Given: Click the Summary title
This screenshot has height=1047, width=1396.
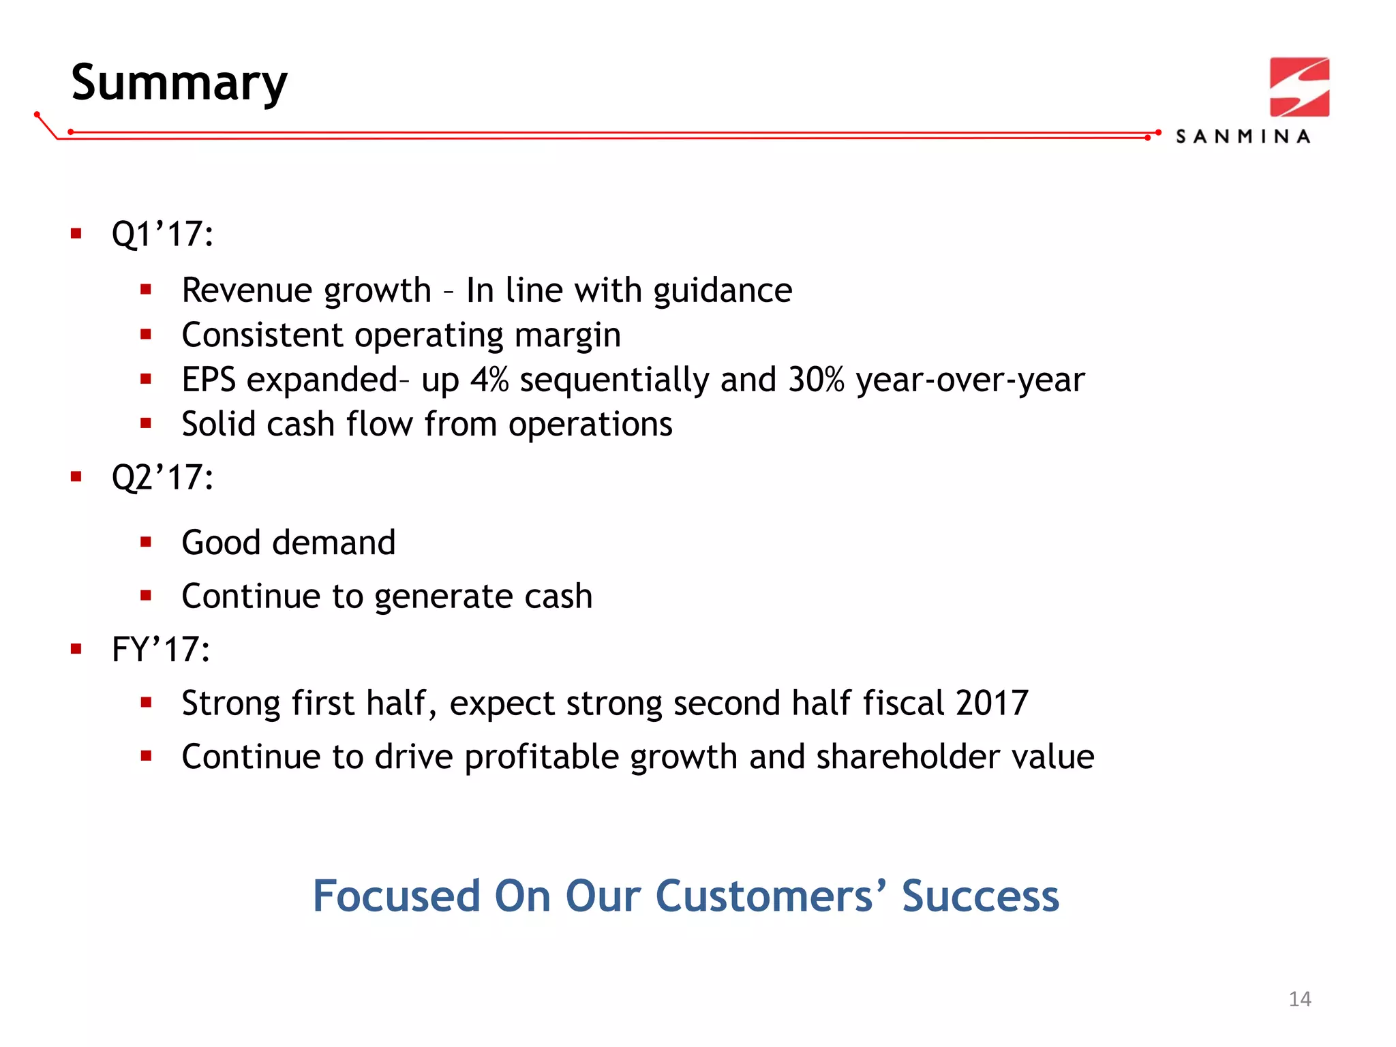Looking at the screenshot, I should click(x=179, y=83).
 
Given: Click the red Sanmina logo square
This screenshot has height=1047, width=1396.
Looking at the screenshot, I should click(x=1299, y=87).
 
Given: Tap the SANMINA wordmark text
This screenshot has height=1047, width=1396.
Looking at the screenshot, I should click(x=1243, y=137).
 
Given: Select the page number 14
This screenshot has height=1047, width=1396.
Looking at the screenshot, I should click(x=1299, y=999).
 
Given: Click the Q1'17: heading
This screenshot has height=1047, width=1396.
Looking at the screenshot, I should click(x=162, y=234).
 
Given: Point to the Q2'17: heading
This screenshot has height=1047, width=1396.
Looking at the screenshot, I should click(x=162, y=477).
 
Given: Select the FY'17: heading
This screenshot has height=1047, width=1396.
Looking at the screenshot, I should click(x=160, y=649).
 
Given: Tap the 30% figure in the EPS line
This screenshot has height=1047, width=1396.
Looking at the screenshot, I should click(x=816, y=380).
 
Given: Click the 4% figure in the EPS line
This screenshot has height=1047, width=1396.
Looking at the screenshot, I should click(x=489, y=380).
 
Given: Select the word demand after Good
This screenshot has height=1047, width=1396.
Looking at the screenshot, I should click(x=333, y=543).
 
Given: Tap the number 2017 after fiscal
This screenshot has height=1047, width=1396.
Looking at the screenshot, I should click(x=992, y=703).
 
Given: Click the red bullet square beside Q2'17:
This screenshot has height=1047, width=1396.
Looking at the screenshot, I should click(x=76, y=476).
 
